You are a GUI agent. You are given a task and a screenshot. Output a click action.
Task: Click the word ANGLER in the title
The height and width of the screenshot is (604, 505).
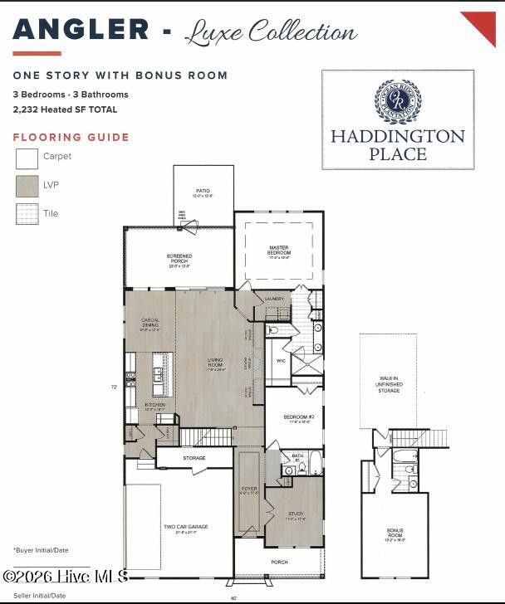tap(81, 30)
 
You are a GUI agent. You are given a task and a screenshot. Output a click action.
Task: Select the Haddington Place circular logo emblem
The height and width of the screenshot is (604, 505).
tap(398, 101)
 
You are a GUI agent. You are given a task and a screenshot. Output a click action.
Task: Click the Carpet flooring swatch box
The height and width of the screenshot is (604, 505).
tap(27, 158)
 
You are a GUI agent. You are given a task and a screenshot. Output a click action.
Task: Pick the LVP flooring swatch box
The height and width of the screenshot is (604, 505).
tap(27, 186)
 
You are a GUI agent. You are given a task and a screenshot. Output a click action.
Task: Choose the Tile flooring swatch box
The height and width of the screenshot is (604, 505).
tap(27, 214)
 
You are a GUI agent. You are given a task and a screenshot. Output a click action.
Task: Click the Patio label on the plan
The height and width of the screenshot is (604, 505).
tap(203, 192)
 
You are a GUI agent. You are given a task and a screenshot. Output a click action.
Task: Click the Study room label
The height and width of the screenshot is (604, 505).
tap(297, 515)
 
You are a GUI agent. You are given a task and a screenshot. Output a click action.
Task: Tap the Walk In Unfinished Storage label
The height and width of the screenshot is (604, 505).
tap(390, 384)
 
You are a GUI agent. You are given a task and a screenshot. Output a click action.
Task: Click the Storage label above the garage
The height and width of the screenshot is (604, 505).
tap(194, 457)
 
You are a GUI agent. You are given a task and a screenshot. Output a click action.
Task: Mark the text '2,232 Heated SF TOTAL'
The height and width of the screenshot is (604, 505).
tap(65, 110)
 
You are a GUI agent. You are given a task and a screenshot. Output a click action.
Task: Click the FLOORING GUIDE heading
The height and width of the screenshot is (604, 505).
tap(71, 138)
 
